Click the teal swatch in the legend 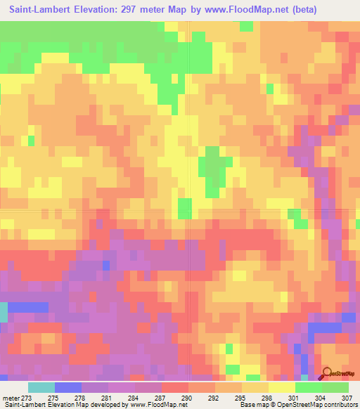click(x=41, y=387)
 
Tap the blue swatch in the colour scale click(x=68, y=387)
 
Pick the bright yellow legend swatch click(x=281, y=387)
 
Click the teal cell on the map click(x=3, y=312)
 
